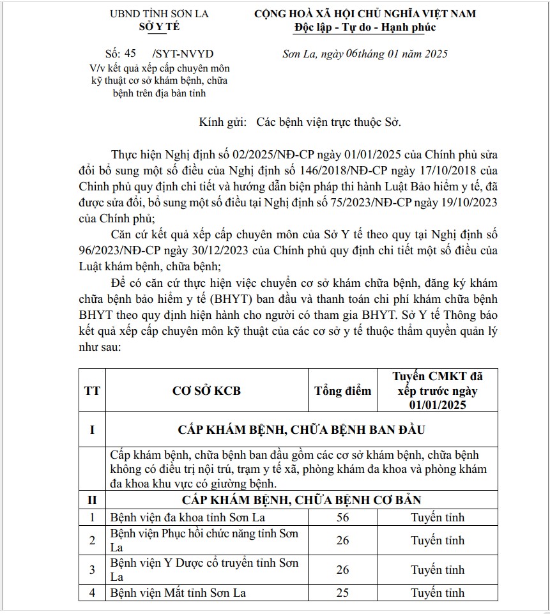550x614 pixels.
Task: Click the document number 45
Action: click(130, 54)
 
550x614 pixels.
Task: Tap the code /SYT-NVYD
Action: click(183, 54)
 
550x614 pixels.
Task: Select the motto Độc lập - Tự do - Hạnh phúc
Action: click(365, 27)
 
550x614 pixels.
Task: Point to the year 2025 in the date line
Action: click(434, 54)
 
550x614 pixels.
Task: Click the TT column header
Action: click(92, 390)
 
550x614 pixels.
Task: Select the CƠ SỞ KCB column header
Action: click(207, 390)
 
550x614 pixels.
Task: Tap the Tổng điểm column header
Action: click(342, 390)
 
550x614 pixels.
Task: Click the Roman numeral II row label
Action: click(92, 500)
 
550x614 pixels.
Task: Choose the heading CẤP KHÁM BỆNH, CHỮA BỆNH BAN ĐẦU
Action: click(302, 429)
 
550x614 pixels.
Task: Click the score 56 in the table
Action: click(342, 517)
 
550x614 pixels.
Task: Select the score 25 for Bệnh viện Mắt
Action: click(342, 592)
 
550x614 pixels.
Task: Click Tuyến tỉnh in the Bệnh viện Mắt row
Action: click(438, 592)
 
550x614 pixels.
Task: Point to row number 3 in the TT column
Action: click(92, 569)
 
